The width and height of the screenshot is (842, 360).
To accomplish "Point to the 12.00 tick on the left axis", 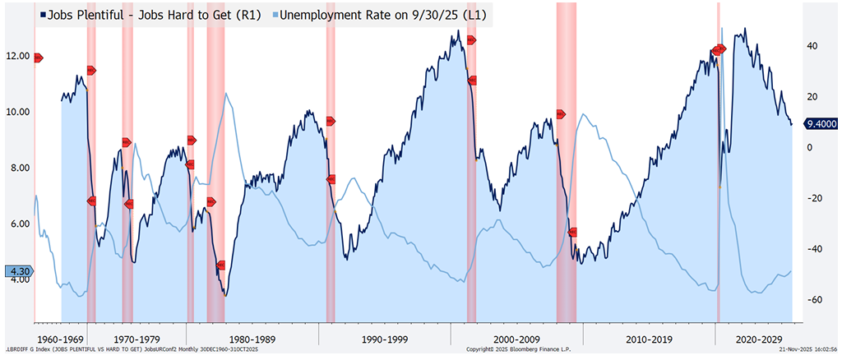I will [x=18, y=57].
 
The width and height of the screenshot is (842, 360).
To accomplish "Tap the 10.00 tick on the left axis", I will [x=18, y=112].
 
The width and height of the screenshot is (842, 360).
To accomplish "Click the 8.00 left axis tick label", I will [x=18, y=168].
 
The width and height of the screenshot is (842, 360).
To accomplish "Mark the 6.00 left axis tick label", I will [x=18, y=224].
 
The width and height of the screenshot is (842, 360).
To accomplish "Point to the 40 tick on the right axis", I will [x=811, y=46].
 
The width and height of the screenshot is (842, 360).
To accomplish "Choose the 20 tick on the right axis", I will [x=811, y=97].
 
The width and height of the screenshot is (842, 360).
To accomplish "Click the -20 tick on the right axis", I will [x=812, y=198].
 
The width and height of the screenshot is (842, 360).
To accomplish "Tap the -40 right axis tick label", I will [x=812, y=249].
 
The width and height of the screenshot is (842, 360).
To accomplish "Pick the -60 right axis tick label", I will [x=812, y=300].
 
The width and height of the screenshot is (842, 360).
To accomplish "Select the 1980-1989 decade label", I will [x=252, y=338].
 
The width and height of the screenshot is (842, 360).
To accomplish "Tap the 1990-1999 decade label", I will [x=384, y=338].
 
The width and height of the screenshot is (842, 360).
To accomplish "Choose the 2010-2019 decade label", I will [x=648, y=338].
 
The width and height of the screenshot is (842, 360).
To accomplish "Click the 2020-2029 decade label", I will [x=759, y=338].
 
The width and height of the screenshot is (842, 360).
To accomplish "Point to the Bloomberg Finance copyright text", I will [x=518, y=350].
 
